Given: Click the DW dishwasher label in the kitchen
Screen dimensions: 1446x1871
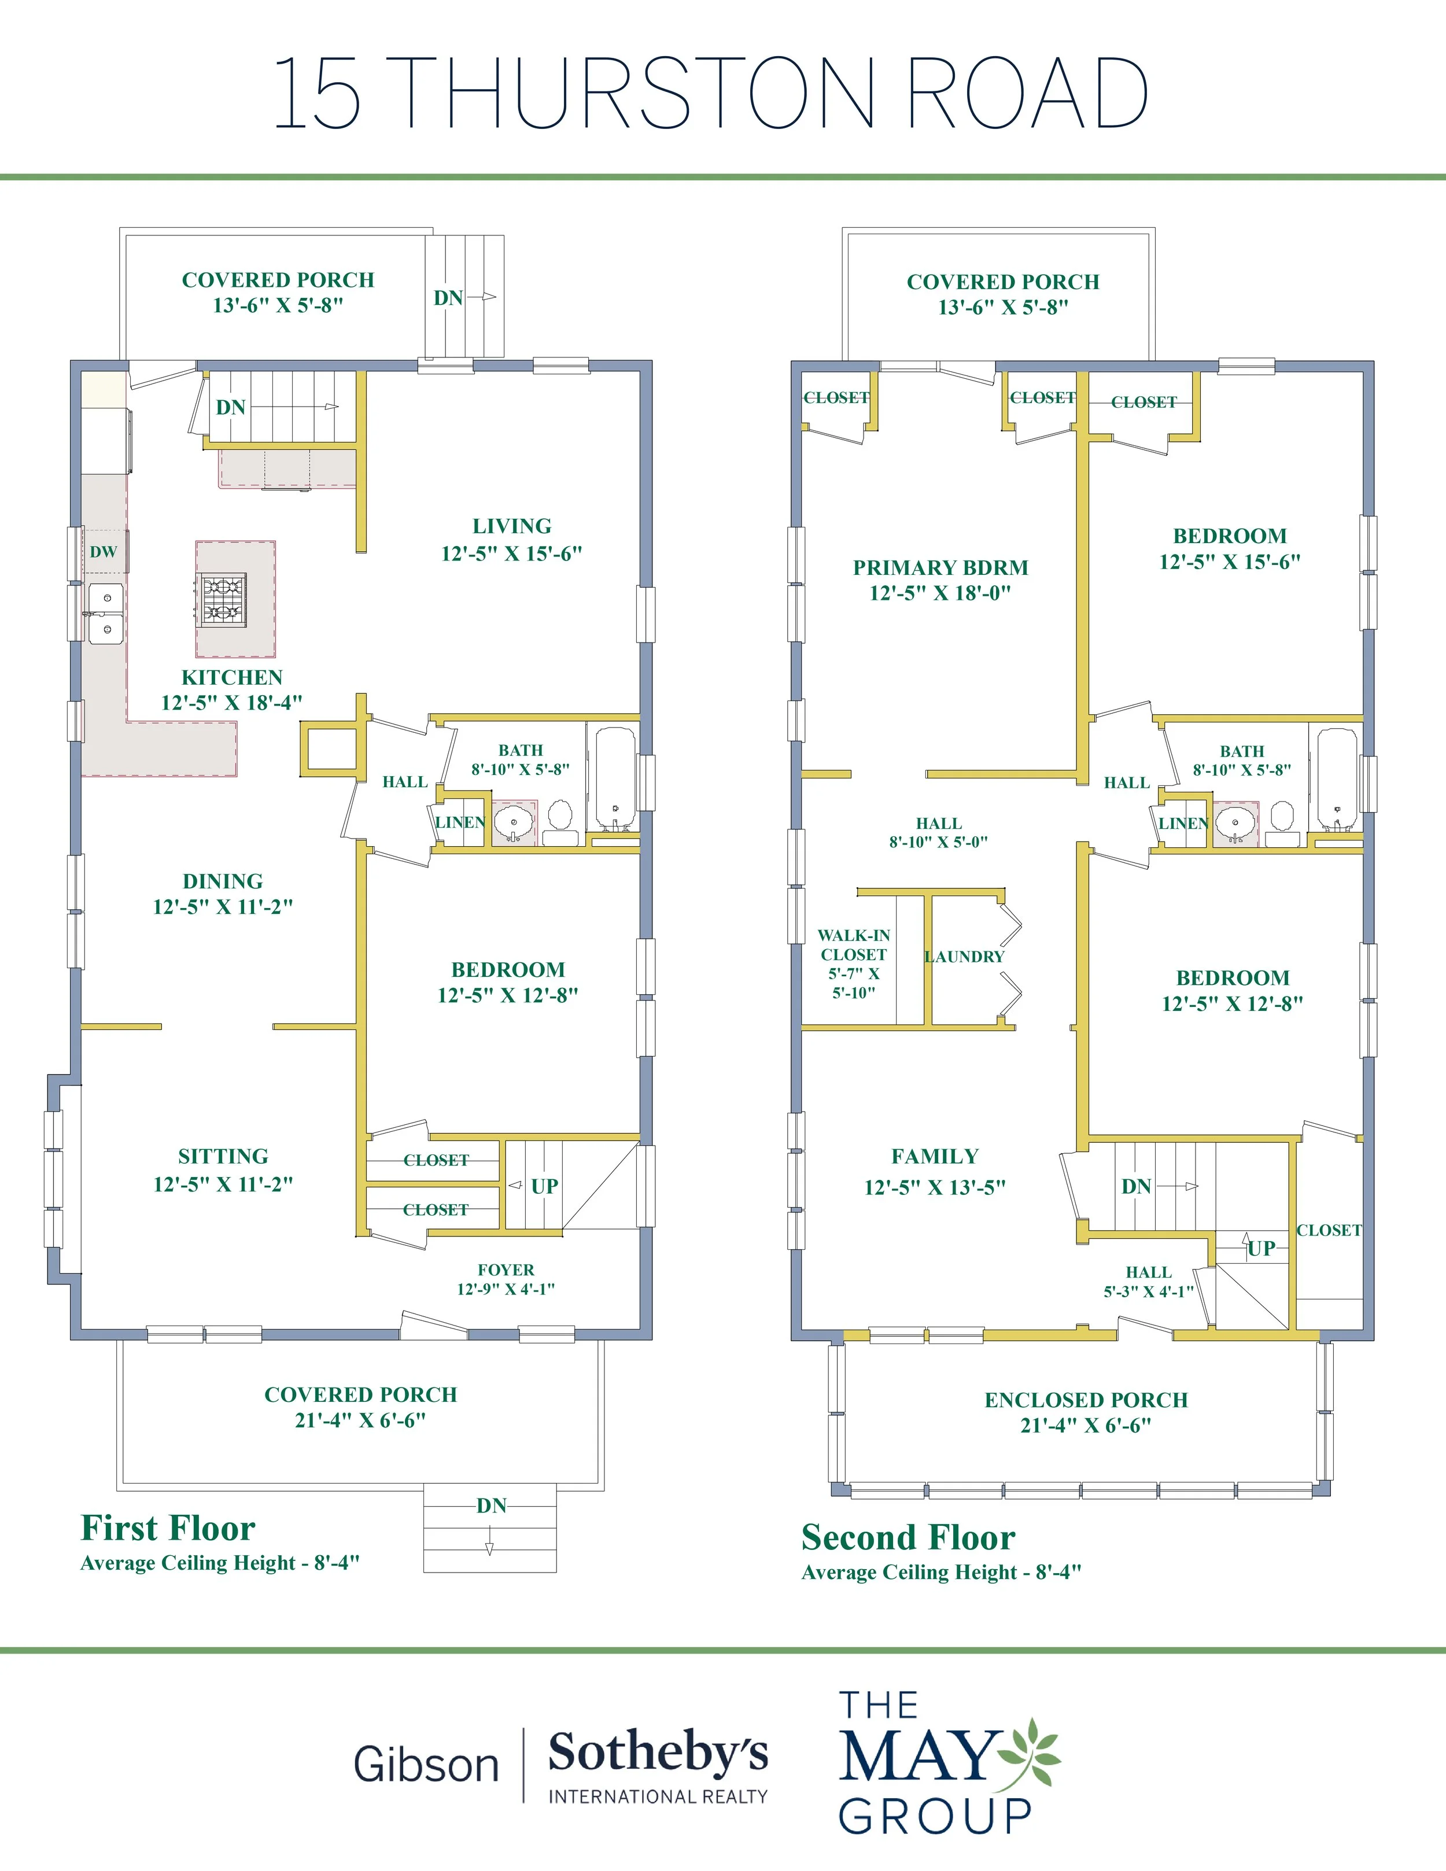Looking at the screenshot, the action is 103,552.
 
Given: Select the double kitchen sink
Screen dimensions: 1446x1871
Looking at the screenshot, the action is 106,614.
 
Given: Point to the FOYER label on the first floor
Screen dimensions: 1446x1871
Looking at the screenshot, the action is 506,1270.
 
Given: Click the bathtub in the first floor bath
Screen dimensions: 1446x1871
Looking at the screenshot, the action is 615,780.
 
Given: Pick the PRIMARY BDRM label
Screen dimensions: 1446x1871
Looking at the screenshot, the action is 940,567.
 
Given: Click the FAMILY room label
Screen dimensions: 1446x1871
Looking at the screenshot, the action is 935,1157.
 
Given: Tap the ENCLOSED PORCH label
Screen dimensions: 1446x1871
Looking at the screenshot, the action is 1086,1400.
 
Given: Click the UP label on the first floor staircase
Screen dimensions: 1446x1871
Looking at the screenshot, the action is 545,1186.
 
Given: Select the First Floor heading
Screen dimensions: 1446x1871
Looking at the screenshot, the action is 168,1529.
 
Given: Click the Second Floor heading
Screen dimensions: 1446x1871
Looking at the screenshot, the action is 908,1538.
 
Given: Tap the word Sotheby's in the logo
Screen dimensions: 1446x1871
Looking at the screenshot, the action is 658,1753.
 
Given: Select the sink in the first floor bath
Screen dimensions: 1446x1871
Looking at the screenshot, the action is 515,821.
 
